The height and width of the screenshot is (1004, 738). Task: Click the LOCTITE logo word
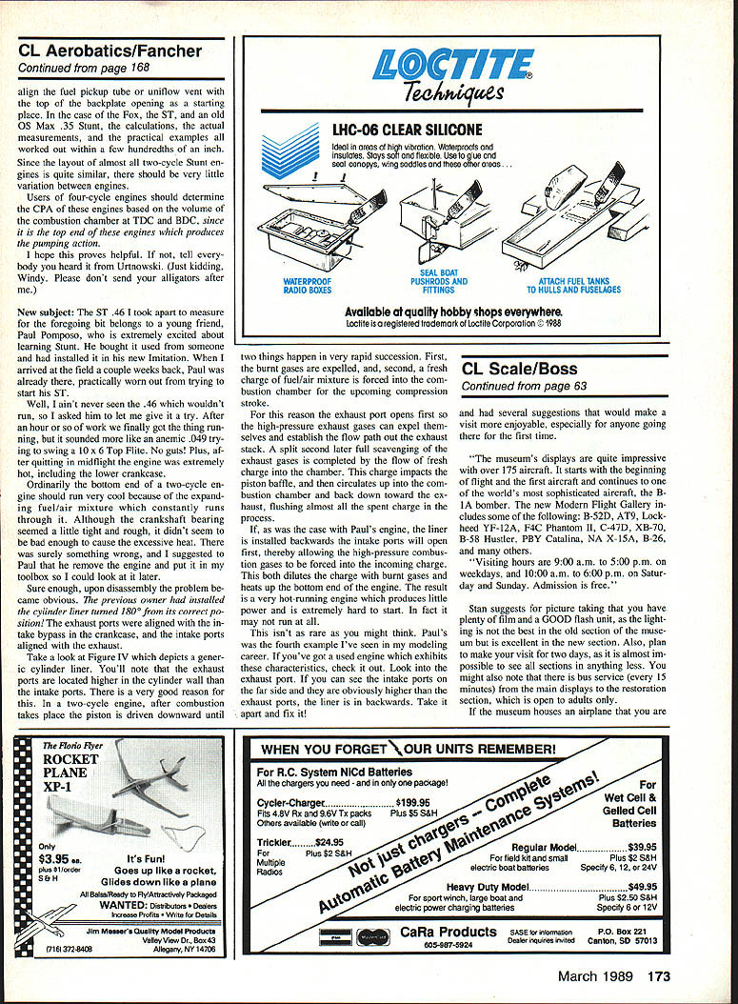click(452, 65)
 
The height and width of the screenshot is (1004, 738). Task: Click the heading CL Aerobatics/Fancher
click(110, 51)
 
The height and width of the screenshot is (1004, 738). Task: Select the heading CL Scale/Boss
click(519, 369)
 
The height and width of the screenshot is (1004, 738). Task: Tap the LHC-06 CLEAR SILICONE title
click(407, 130)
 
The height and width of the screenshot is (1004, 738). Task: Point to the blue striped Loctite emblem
click(290, 151)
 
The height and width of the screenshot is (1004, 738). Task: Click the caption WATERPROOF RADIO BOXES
click(308, 286)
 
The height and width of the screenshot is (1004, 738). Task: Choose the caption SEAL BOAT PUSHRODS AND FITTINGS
click(438, 281)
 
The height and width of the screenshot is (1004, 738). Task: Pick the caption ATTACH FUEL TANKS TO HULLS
click(573, 286)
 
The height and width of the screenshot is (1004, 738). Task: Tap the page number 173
click(659, 975)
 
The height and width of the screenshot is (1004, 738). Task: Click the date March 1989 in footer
click(595, 975)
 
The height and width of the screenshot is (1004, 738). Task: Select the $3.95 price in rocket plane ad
click(53, 858)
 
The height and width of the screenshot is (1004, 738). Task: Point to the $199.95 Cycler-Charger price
click(413, 802)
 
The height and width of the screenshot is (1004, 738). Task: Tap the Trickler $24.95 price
click(329, 843)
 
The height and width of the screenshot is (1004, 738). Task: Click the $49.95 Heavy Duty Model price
click(643, 887)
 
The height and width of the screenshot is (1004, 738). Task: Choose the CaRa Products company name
click(449, 932)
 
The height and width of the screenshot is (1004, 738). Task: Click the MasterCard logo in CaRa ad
click(373, 936)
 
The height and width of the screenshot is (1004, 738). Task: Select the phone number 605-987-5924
click(449, 944)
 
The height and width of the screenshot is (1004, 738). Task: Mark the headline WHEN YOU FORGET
click(323, 749)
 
